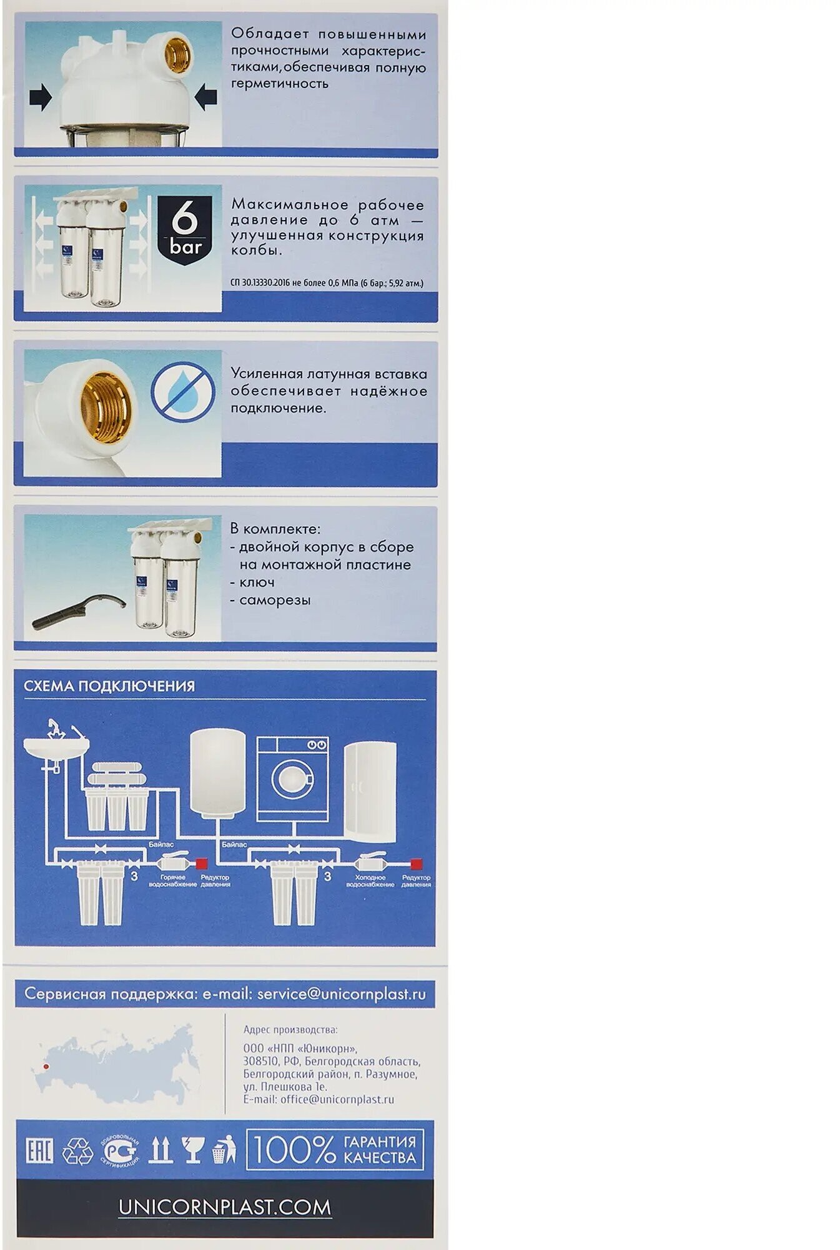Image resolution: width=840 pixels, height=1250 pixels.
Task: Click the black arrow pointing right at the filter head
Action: [41, 99]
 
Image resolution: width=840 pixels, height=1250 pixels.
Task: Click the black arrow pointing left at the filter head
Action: [206, 97]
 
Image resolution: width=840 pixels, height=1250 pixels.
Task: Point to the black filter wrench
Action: [78, 613]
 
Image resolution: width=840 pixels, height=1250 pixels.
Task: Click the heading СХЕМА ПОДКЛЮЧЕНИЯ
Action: [109, 686]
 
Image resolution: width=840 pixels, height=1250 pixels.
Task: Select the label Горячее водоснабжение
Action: [172, 881]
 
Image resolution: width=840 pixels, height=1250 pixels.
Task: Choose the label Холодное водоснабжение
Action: [370, 881]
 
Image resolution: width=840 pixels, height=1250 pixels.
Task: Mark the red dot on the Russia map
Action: [45, 1066]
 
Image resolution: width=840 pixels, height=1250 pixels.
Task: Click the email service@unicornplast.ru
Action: [341, 994]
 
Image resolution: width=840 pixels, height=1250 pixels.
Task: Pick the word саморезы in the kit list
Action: [275, 600]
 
